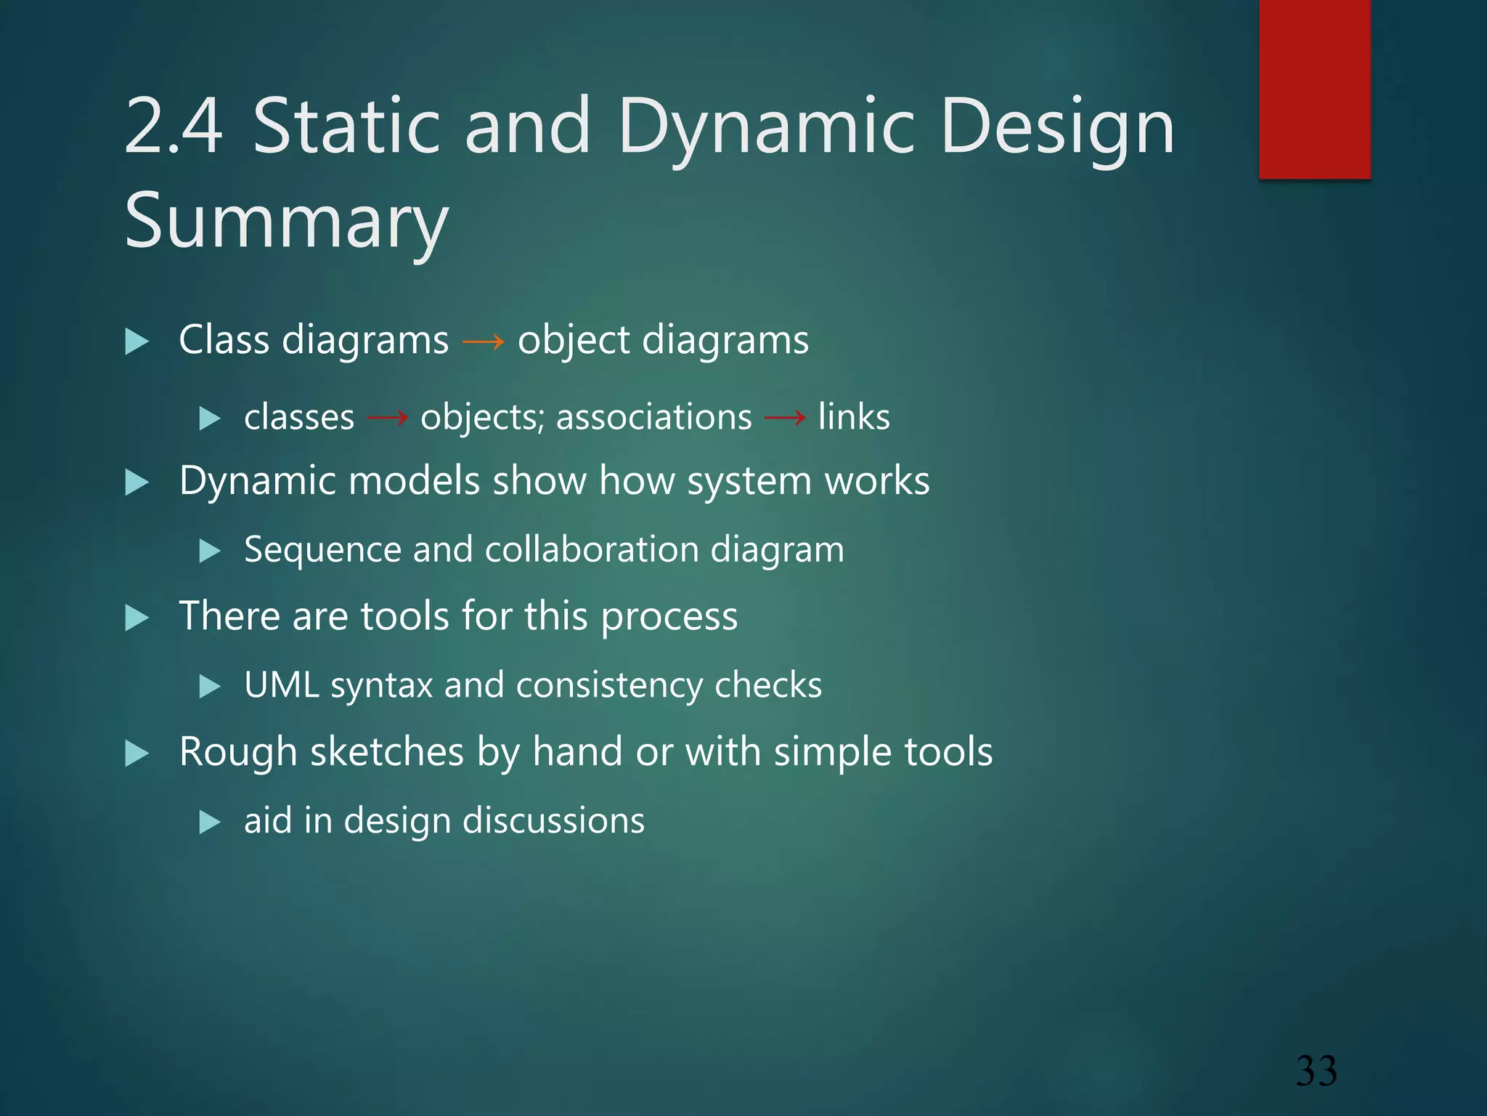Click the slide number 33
(1316, 1072)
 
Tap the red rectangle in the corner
(1314, 89)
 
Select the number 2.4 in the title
(174, 127)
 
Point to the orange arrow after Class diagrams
(483, 341)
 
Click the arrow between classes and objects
(387, 418)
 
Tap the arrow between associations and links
(785, 418)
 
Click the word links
(854, 417)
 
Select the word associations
(653, 417)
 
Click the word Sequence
(322, 550)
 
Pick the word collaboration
(591, 549)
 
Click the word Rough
(237, 752)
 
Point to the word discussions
(553, 821)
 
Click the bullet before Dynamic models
(137, 482)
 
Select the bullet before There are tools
(137, 618)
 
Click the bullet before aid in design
(209, 822)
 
